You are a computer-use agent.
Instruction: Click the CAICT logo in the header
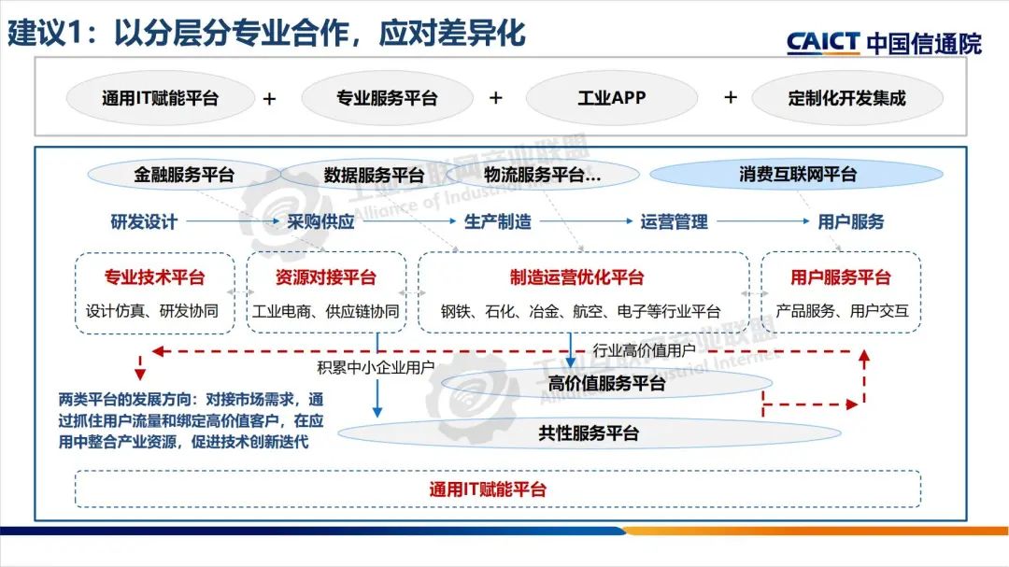tap(883, 42)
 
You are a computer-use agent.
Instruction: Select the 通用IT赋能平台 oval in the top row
tap(160, 98)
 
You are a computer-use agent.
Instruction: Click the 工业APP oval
tap(612, 98)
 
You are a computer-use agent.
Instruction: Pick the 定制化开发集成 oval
tap(846, 98)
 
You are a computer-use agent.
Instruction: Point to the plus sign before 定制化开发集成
tap(731, 97)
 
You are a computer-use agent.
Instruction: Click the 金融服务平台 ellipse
tap(185, 175)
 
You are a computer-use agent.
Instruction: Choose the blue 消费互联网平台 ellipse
tap(797, 175)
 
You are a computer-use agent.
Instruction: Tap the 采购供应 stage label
tap(320, 222)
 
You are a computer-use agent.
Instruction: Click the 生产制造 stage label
tap(497, 222)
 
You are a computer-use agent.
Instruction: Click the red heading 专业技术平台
tap(154, 277)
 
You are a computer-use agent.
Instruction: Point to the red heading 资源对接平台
tap(326, 277)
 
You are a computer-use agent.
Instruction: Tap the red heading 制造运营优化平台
tap(576, 277)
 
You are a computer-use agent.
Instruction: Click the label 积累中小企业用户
tap(376, 367)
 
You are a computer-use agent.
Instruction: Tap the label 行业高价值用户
tap(645, 351)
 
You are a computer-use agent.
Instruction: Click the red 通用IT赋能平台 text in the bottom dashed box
tap(488, 489)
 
